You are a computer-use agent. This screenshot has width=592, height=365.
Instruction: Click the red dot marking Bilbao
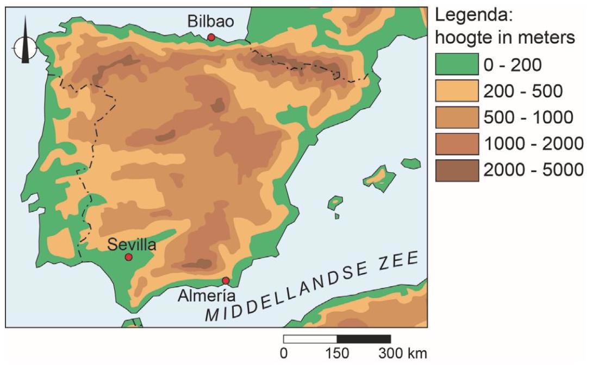[x=211, y=37]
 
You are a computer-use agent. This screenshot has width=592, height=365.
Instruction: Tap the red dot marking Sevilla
[x=129, y=257]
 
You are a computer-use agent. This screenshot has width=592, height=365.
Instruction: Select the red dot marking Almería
[x=226, y=281]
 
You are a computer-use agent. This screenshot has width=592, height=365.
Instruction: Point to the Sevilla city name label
[x=132, y=244]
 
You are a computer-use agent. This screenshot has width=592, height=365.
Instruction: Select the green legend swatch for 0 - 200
[x=457, y=65]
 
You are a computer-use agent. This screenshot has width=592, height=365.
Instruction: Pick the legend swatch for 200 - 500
[x=457, y=91]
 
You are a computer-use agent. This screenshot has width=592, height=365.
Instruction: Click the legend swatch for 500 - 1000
[x=457, y=117]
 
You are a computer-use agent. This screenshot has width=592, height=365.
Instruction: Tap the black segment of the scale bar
[x=364, y=339]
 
